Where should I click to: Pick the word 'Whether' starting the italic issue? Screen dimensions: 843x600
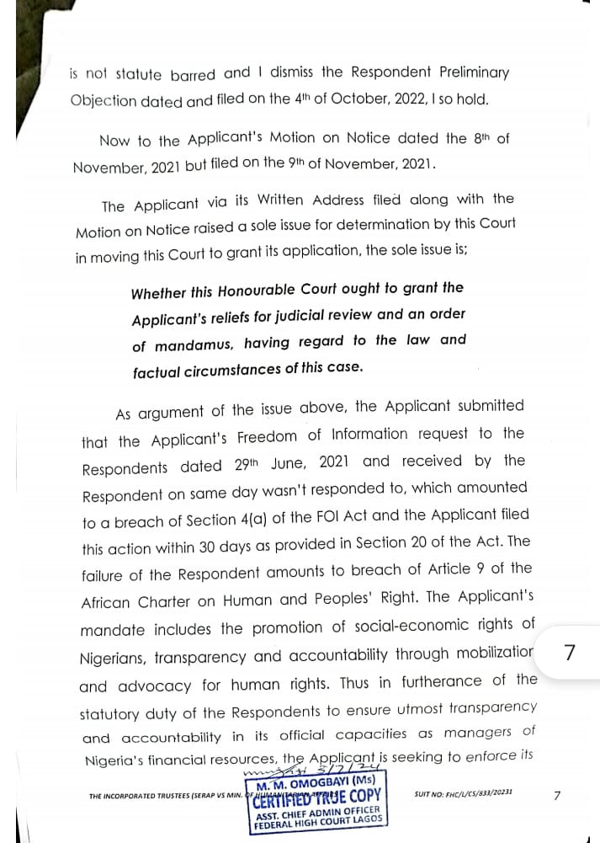pyautogui.click(x=157, y=293)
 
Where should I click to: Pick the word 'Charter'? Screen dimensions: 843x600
pyautogui.click(x=152, y=602)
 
